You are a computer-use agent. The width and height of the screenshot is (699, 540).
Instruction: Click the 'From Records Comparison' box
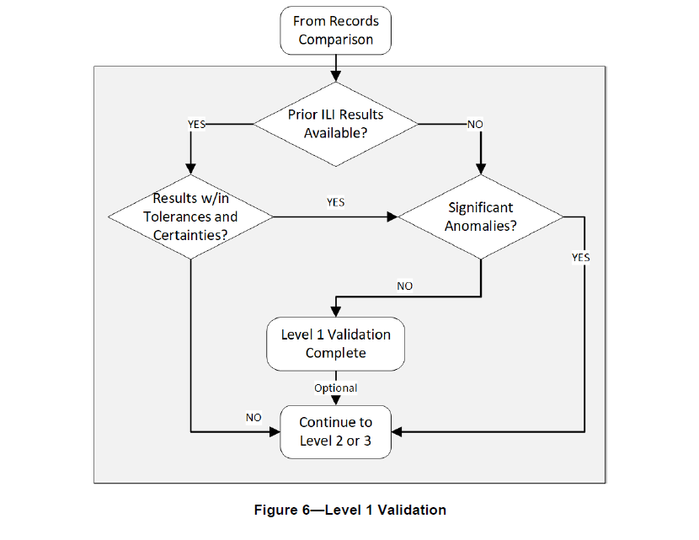pyautogui.click(x=335, y=30)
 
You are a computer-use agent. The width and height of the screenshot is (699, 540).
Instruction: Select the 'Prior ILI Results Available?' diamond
pyautogui.click(x=335, y=123)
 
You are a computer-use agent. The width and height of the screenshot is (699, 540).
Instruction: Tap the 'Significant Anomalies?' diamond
pyautogui.click(x=480, y=217)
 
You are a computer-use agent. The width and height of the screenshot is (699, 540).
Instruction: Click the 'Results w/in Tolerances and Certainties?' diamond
pyautogui.click(x=191, y=217)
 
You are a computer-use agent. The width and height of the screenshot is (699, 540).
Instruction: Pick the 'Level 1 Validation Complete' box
pyautogui.click(x=335, y=344)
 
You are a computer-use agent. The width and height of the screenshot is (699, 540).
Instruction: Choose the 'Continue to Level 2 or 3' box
pyautogui.click(x=335, y=431)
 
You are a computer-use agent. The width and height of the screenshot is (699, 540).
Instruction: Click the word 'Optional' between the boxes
pyautogui.click(x=335, y=388)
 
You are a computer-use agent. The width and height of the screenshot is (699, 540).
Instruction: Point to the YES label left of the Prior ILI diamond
pyautogui.click(x=195, y=124)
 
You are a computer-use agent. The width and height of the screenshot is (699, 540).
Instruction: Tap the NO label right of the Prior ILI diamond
pyautogui.click(x=475, y=124)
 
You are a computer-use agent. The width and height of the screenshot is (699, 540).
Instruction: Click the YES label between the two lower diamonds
pyautogui.click(x=334, y=203)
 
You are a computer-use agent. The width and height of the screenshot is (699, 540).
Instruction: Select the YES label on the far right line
pyautogui.click(x=581, y=258)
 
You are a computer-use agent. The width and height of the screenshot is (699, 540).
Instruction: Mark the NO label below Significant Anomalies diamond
pyautogui.click(x=404, y=286)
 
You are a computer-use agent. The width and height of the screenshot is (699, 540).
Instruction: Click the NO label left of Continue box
pyautogui.click(x=253, y=418)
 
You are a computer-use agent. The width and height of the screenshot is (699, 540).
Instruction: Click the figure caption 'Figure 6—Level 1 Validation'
pyautogui.click(x=349, y=510)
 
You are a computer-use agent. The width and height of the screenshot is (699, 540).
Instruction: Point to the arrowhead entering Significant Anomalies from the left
pyautogui.click(x=392, y=217)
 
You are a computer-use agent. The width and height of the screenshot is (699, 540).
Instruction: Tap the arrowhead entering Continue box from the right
pyautogui.click(x=398, y=432)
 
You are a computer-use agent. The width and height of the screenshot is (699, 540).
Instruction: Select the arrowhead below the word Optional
pyautogui.click(x=336, y=402)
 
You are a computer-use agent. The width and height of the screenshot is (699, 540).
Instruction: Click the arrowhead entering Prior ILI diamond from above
pyautogui.click(x=336, y=77)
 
